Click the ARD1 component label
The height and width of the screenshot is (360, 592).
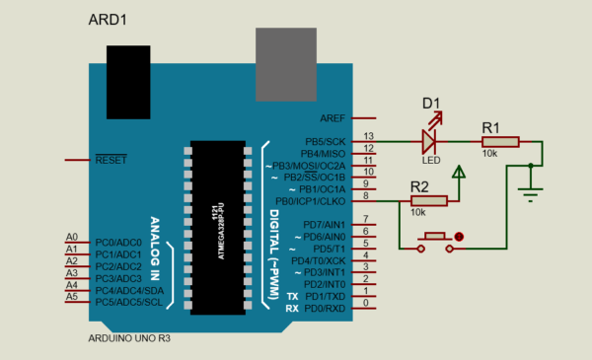(x=109, y=20)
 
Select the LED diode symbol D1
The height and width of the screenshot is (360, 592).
(x=430, y=140)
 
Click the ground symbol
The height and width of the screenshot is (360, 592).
(x=532, y=189)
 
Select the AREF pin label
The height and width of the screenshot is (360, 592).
(x=332, y=117)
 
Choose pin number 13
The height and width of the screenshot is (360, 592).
(x=369, y=136)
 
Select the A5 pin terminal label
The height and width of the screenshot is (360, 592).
(x=71, y=297)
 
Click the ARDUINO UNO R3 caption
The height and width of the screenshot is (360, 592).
(x=128, y=338)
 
